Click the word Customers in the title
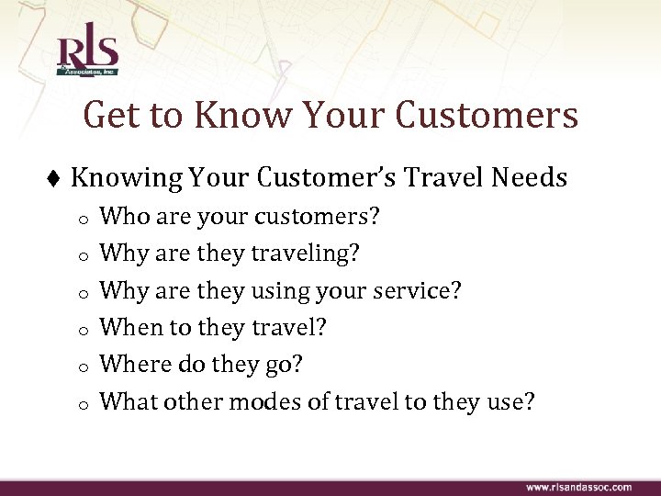click(x=487, y=117)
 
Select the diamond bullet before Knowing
click(x=56, y=178)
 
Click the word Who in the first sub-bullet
click(x=119, y=217)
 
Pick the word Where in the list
click(x=129, y=365)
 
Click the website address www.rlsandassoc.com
click(x=578, y=486)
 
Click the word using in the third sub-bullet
click(x=279, y=291)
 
